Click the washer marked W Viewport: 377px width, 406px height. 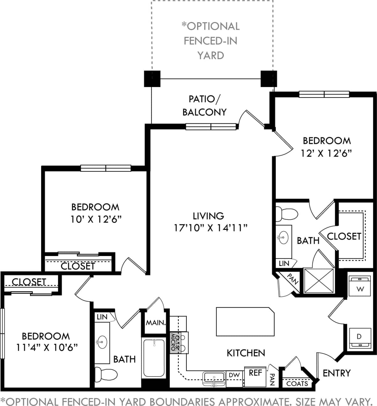tap(360, 286)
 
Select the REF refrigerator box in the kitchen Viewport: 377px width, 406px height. tap(255, 376)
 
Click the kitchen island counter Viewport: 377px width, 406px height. tap(245, 322)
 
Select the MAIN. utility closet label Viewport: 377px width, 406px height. tap(156, 323)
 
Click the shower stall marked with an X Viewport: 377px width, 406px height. tap(319, 280)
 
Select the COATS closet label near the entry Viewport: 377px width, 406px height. tap(297, 383)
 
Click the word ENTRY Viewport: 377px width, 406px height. tap(336, 373)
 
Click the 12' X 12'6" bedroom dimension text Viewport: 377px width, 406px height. tap(326, 153)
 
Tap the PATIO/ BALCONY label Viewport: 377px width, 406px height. tap(204, 105)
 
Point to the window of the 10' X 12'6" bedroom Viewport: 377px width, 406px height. tap(106, 168)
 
